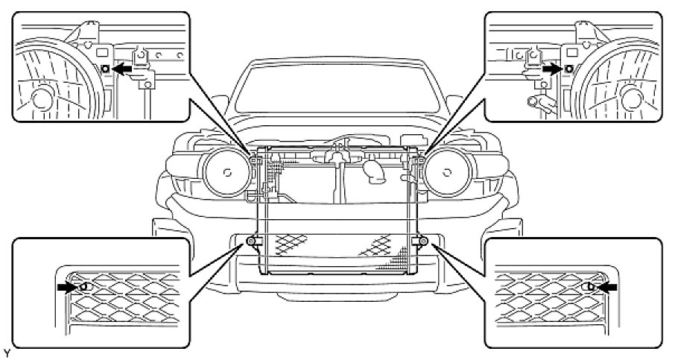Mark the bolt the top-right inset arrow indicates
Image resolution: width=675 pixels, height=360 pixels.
(x=569, y=68)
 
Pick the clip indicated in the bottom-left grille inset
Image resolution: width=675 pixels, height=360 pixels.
(x=83, y=285)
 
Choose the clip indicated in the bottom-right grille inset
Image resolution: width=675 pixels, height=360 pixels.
(x=589, y=285)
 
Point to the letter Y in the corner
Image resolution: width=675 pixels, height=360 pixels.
(x=5, y=350)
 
